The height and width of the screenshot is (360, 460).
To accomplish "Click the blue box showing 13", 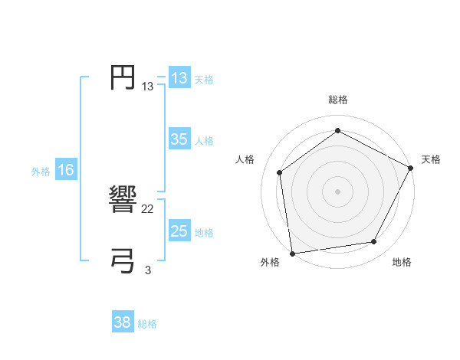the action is [179, 78].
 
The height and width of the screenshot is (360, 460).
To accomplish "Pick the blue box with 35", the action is [179, 139].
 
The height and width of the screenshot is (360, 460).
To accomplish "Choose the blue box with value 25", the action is [179, 231].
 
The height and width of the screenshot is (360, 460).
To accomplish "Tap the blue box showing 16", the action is [66, 170].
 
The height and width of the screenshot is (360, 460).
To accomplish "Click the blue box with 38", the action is [123, 322].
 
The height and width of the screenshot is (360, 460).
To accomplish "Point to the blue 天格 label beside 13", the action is [204, 80].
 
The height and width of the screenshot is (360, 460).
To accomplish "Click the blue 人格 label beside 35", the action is [204, 141].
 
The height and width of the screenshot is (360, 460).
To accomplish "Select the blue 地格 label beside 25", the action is [204, 233].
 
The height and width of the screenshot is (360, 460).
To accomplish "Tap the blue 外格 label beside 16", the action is [41, 172].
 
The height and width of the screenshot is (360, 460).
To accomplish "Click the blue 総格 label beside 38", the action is [147, 324].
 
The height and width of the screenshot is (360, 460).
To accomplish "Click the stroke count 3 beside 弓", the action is [148, 269].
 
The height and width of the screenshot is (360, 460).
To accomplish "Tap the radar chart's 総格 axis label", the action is [337, 100].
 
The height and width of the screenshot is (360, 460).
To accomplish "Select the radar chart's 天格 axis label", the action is [431, 159].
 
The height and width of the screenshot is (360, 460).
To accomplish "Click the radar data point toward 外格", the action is [292, 252].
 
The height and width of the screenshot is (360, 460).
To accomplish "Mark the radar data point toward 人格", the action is [280, 172].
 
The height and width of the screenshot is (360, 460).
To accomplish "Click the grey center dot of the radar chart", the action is [337, 191].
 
